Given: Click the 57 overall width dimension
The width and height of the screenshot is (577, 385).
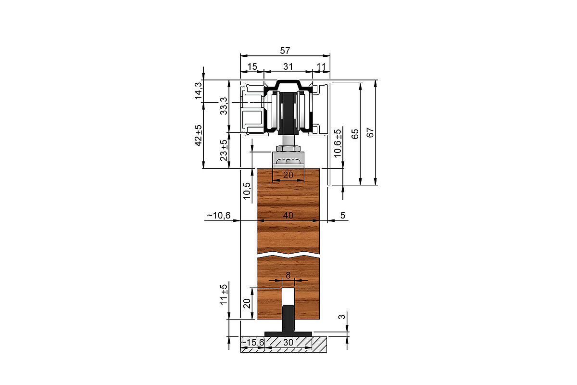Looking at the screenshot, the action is pos(285,51).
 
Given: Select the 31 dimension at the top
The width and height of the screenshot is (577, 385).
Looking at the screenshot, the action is pos(288,66).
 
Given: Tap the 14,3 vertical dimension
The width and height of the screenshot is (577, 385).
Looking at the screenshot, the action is pos(199,90).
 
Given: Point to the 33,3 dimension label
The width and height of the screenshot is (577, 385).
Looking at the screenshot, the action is pos(224,106).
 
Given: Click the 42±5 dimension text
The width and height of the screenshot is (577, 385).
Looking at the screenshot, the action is pos(199,136).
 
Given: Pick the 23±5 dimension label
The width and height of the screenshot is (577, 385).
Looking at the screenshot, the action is pos(224,150).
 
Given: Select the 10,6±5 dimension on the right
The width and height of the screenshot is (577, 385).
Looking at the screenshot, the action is pos(338,143).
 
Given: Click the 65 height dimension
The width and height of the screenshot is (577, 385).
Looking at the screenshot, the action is pos(355,134).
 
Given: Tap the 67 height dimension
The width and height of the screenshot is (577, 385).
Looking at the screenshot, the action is pos(370,132).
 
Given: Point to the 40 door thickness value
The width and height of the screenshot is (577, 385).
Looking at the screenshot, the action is pos(288,215).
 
